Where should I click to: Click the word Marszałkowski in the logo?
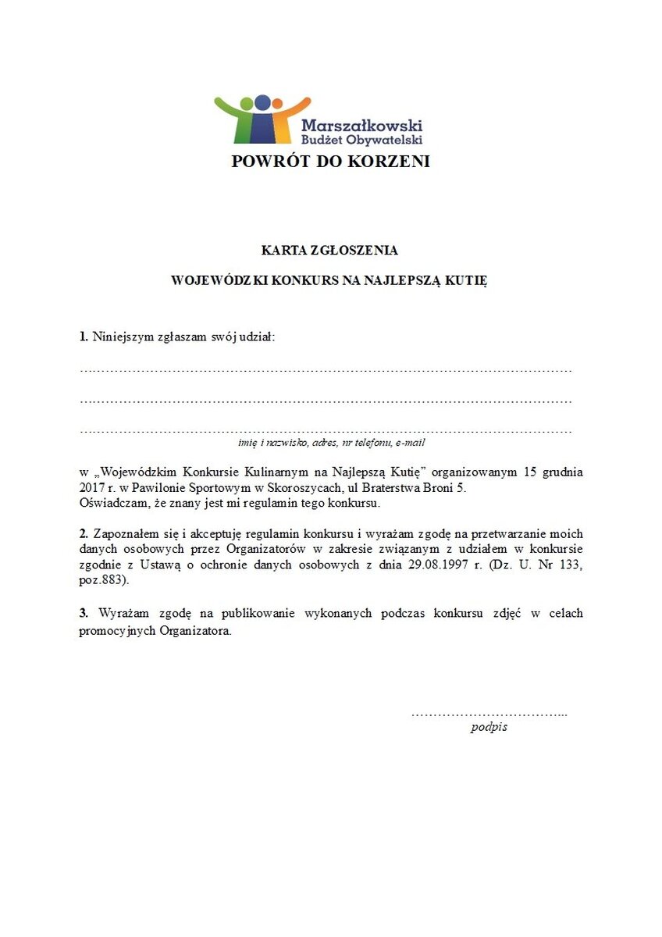[x=361, y=125]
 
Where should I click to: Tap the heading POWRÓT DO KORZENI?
[x=330, y=162]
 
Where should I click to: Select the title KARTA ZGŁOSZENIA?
[x=329, y=251]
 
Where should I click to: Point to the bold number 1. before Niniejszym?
[x=84, y=337]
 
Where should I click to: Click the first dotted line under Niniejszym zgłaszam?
[x=326, y=369]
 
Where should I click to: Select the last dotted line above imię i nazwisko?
[x=326, y=430]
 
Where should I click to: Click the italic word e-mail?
[x=410, y=443]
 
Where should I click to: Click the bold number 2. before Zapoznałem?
[x=84, y=534]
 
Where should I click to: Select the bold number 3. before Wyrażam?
[x=84, y=613]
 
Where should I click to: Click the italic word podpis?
[x=489, y=727]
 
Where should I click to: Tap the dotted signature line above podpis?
[x=489, y=714]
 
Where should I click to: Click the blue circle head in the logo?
[x=262, y=102]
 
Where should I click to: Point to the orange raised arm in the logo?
[x=297, y=105]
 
